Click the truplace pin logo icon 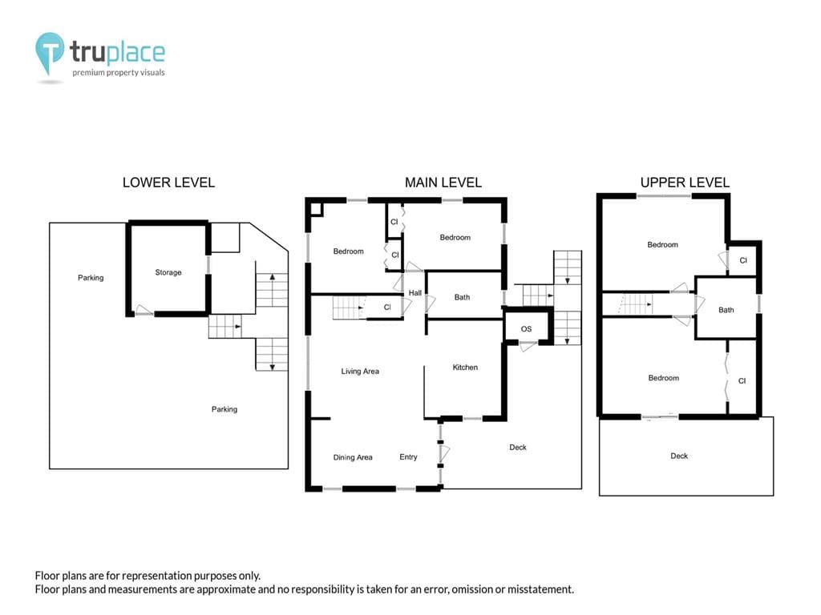tap(50, 52)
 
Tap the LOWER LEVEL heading tap(168, 183)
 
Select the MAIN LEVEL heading tap(443, 183)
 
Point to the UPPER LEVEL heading tap(685, 183)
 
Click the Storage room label tap(168, 272)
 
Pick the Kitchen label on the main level tap(465, 368)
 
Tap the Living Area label tap(360, 372)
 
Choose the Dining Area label tap(353, 457)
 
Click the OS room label tap(526, 329)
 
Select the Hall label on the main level tap(415, 293)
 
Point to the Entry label tap(408, 457)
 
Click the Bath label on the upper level tap(726, 310)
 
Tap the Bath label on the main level tap(462, 298)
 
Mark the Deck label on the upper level tap(679, 456)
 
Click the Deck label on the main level tap(518, 447)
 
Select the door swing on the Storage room tap(144, 310)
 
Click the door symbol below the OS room tap(528, 346)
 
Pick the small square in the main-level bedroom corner tap(316, 209)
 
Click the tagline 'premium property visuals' tap(119, 73)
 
